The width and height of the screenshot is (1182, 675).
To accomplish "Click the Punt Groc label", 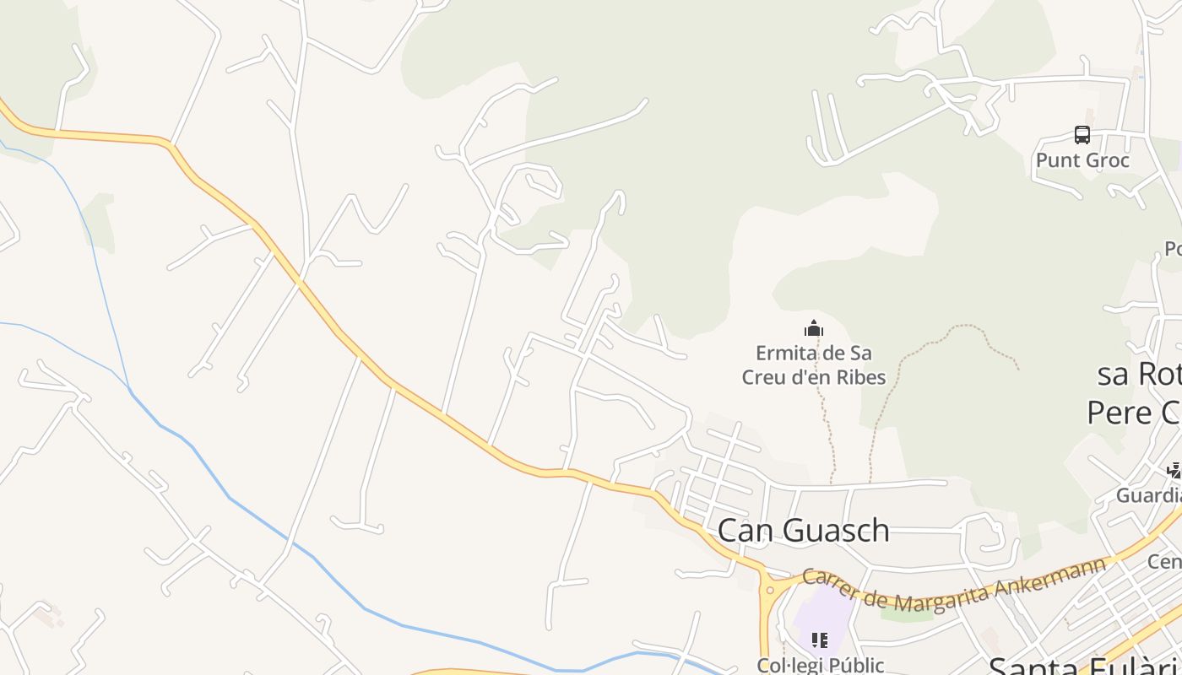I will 1082,160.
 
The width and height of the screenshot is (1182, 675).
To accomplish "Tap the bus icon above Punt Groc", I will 1082,135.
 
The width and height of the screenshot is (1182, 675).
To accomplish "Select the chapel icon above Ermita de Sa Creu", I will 814,328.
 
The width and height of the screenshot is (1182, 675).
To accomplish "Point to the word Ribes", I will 860,377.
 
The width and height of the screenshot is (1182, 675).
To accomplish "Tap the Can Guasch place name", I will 803,530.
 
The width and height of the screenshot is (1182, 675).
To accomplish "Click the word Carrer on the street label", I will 832,583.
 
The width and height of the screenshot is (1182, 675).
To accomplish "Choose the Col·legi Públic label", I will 820,665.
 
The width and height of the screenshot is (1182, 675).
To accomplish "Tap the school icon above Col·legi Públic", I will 819,640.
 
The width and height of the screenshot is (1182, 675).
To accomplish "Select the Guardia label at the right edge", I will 1149,495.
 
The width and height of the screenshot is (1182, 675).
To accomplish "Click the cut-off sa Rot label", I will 1139,374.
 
